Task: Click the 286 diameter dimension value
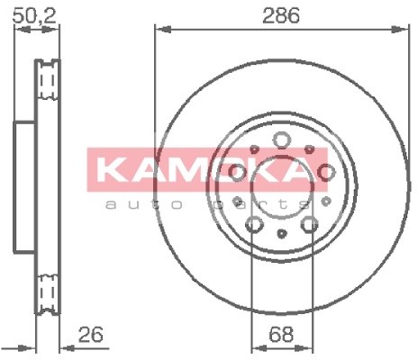pos(281,15)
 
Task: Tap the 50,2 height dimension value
pos(34,16)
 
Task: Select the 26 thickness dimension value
pos(91,334)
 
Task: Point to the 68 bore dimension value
pos(281,334)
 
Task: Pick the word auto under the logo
pos(144,205)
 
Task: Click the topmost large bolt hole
pos(281,139)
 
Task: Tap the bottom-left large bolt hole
pos(254,224)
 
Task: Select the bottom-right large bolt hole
pos(310,224)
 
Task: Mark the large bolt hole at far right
pos(326,172)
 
